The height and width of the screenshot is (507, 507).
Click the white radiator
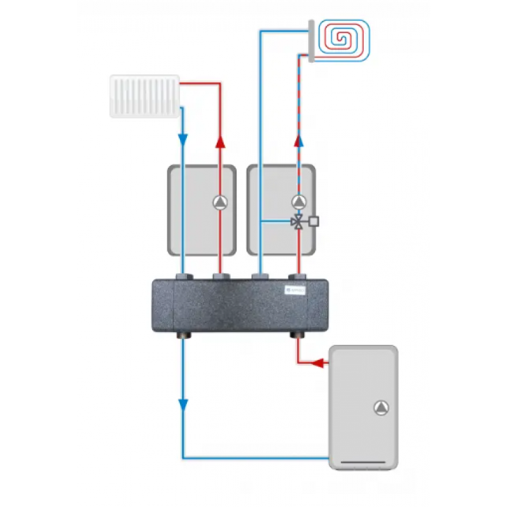click(x=144, y=96)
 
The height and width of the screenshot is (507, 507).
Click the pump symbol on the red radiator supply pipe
click(x=220, y=203)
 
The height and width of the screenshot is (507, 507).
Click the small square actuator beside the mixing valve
click(x=313, y=222)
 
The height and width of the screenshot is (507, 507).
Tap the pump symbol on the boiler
click(x=382, y=408)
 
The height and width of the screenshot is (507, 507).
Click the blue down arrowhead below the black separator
click(x=183, y=404)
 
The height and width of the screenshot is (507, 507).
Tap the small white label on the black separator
click(x=295, y=290)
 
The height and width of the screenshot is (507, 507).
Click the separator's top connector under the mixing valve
click(x=298, y=276)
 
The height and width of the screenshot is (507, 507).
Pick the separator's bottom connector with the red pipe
click(x=298, y=335)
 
